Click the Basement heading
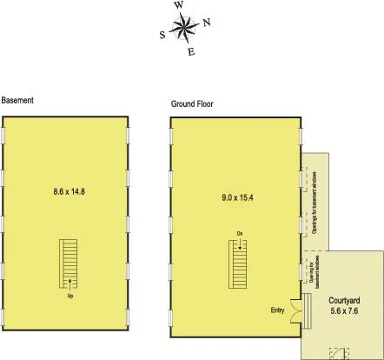tap(17, 100)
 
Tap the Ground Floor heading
tap(192, 104)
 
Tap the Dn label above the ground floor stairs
tap(239, 233)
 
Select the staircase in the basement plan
tap(70, 263)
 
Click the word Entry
tap(278, 309)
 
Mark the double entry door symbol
tap(301, 309)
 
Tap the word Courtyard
tap(346, 297)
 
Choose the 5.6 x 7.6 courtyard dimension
tap(346, 309)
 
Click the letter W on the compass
tap(179, 5)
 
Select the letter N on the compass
tap(206, 23)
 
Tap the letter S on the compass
tap(162, 36)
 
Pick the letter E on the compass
tap(191, 52)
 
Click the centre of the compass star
tap(184, 29)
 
